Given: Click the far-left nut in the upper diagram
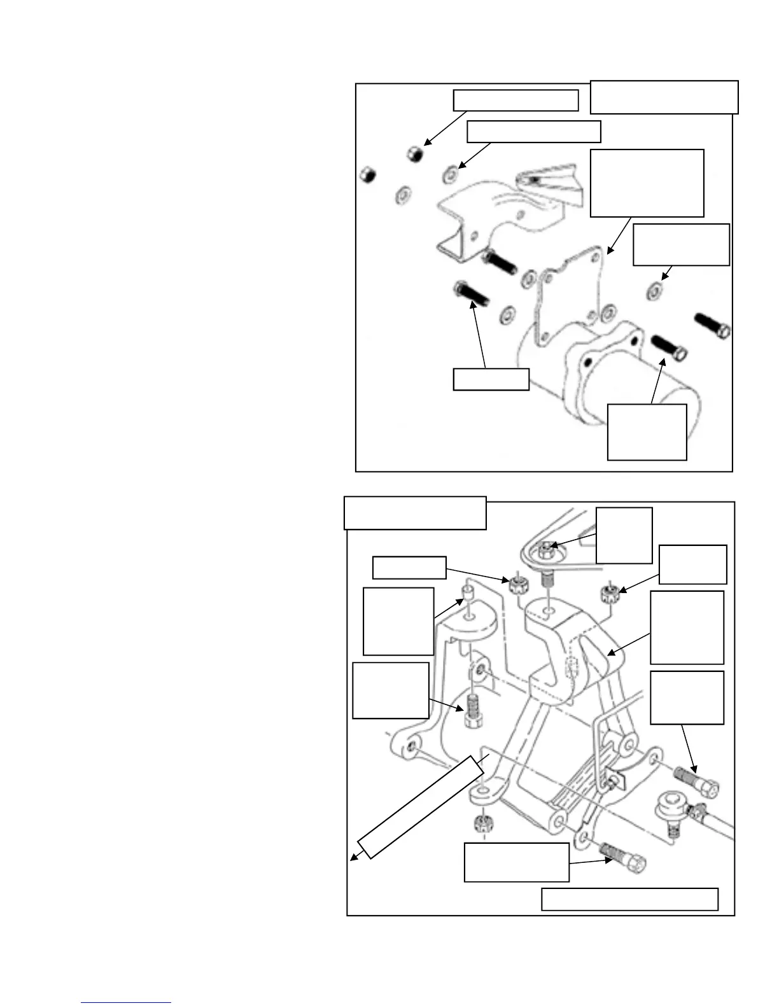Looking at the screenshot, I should point(366,174).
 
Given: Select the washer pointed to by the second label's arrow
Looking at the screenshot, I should point(451,173).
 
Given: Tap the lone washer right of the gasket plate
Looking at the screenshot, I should point(653,292).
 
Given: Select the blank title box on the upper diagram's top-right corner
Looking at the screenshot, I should point(664,97).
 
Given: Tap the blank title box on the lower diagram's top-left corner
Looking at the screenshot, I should point(415,513).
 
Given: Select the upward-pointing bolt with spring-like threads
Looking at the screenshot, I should point(471,711).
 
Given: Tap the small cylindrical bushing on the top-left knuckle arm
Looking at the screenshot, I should point(468,599).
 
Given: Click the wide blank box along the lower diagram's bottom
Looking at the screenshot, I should point(629,899).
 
